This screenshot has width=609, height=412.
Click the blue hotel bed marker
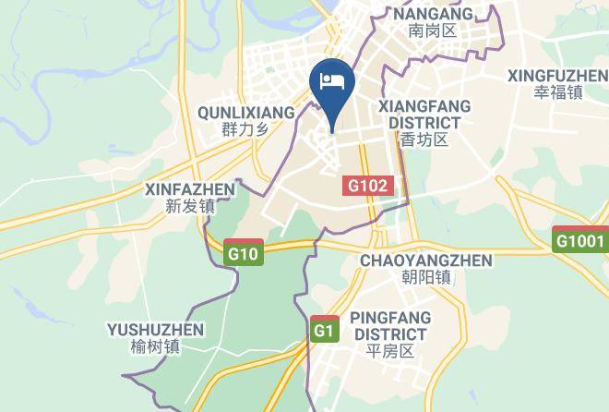click(333, 81)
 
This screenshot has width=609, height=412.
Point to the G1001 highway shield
click(580, 241)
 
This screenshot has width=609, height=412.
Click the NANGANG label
click(433, 14)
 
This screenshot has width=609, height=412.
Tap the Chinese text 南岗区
click(433, 31)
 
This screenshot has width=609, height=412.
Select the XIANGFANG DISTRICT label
click(424, 115)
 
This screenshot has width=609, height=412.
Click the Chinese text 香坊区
click(424, 140)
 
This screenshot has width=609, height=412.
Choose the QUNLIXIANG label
click(245, 112)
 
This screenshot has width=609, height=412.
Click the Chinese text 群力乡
click(245, 129)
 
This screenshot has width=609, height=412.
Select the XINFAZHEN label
click(190, 188)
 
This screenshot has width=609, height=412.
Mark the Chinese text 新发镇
click(190, 206)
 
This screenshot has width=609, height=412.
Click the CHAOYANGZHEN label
click(426, 261)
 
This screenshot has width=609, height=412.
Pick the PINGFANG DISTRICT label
click(390, 325)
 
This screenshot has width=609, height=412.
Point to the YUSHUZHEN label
click(155, 330)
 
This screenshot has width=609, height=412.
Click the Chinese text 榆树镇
click(155, 347)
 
